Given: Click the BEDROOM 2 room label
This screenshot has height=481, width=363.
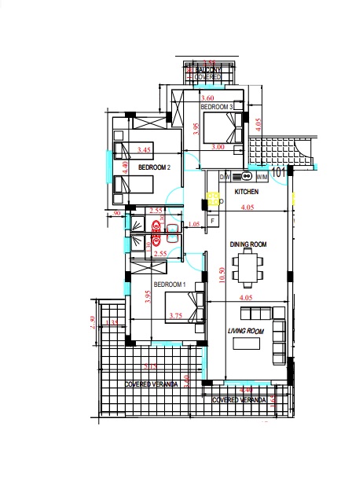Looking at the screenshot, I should [x=155, y=167].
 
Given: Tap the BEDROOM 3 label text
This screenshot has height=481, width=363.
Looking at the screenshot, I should [x=215, y=106].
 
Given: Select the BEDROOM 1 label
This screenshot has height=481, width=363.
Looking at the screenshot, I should [x=169, y=284].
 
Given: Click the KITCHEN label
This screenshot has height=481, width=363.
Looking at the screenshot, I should [x=247, y=192].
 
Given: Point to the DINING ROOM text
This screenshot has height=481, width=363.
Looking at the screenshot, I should [x=248, y=245].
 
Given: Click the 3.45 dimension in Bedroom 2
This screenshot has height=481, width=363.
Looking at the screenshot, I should [x=143, y=149].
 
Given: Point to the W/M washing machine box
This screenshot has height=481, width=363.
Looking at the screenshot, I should [x=262, y=176].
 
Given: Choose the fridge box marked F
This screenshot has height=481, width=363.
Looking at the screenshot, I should [x=212, y=222].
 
